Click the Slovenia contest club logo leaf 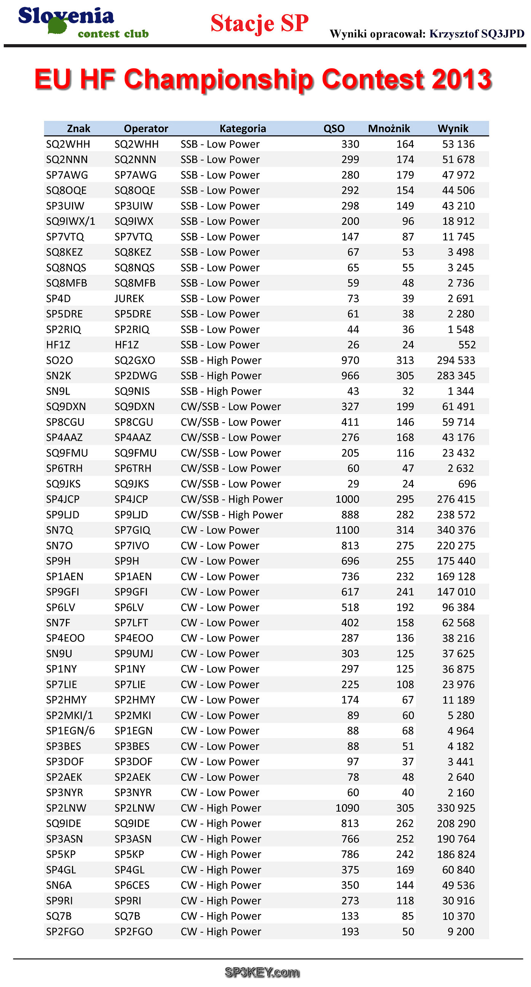point(58,25)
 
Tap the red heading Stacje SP point(259,23)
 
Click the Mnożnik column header point(389,128)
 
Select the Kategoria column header point(243,128)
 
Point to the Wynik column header point(453,128)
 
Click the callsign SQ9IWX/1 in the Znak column point(70,221)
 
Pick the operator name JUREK point(129,298)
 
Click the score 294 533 point(456,360)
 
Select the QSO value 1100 point(347,530)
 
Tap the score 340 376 point(456,530)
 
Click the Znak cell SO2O point(59,360)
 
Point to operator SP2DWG point(136,376)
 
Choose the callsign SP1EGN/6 point(70,731)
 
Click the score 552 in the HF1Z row point(467,345)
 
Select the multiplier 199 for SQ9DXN point(405,406)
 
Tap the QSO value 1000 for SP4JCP point(347,499)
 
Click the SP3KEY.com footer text point(262,972)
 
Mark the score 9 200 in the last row point(461,931)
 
